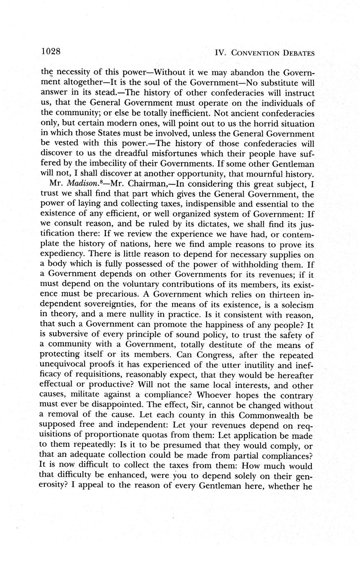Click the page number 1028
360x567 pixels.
[x=51, y=51]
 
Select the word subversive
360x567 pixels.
[x=69, y=335]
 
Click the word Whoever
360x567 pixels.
[x=233, y=395]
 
